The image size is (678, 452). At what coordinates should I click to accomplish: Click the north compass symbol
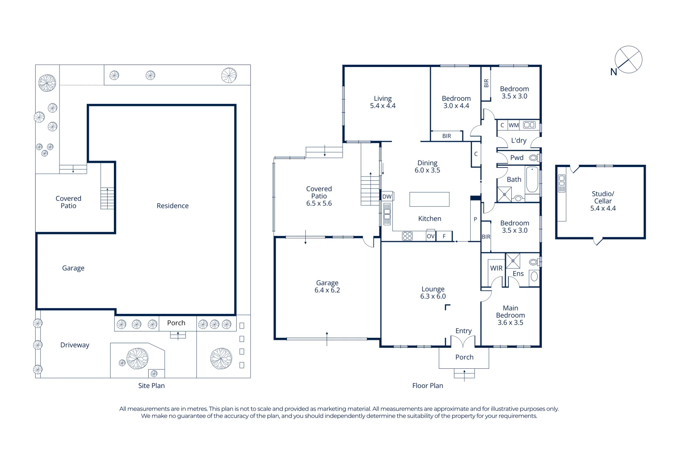pyautogui.click(x=628, y=60)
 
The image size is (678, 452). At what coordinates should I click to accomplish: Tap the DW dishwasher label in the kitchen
pyautogui.click(x=387, y=196)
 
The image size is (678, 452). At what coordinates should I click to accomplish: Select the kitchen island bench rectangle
pyautogui.click(x=429, y=199)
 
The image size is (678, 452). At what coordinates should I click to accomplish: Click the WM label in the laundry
pyautogui.click(x=513, y=125)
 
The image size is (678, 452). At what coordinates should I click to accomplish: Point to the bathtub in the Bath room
pyautogui.click(x=532, y=180)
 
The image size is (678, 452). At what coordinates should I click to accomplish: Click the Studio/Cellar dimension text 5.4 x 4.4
pyautogui.click(x=603, y=208)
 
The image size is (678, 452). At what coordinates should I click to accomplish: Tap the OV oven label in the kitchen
pyautogui.click(x=431, y=236)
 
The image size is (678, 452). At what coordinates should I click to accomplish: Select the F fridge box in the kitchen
pyautogui.click(x=444, y=236)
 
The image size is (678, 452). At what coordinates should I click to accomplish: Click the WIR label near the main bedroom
pyautogui.click(x=496, y=268)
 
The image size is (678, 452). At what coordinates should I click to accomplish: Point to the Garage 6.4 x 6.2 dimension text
pyautogui.click(x=327, y=290)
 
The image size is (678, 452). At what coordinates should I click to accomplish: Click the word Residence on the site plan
pyautogui.click(x=173, y=206)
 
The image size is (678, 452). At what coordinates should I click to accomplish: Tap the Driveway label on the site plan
pyautogui.click(x=75, y=345)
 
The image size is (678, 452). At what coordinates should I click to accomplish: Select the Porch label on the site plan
pyautogui.click(x=176, y=323)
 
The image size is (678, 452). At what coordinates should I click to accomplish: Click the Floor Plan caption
pyautogui.click(x=427, y=386)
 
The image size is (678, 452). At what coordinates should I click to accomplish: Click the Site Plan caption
pyautogui.click(x=151, y=386)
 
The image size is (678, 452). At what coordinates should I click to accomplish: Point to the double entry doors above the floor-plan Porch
pyautogui.click(x=464, y=342)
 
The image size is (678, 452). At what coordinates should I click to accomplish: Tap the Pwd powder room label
pyautogui.click(x=517, y=158)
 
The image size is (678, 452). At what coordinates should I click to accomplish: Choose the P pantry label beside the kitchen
pyautogui.click(x=475, y=219)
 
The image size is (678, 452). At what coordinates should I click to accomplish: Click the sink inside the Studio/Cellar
pyautogui.click(x=562, y=183)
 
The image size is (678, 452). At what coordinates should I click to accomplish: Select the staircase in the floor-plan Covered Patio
pyautogui.click(x=370, y=190)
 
